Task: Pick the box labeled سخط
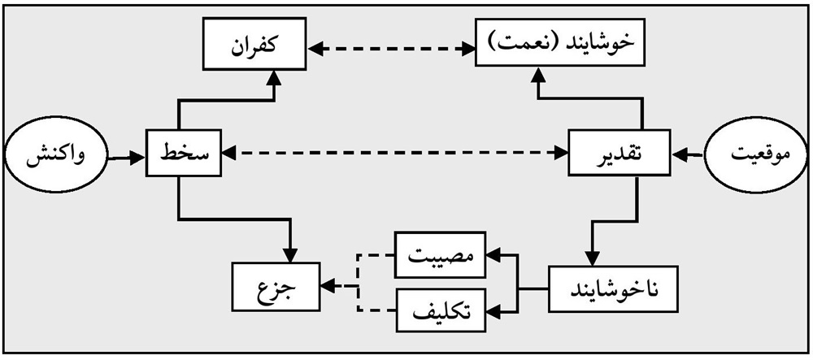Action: point(185,153)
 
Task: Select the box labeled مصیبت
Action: point(441,256)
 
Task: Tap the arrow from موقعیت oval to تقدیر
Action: point(689,152)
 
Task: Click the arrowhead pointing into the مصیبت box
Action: point(491,255)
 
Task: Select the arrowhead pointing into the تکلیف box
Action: point(491,310)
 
